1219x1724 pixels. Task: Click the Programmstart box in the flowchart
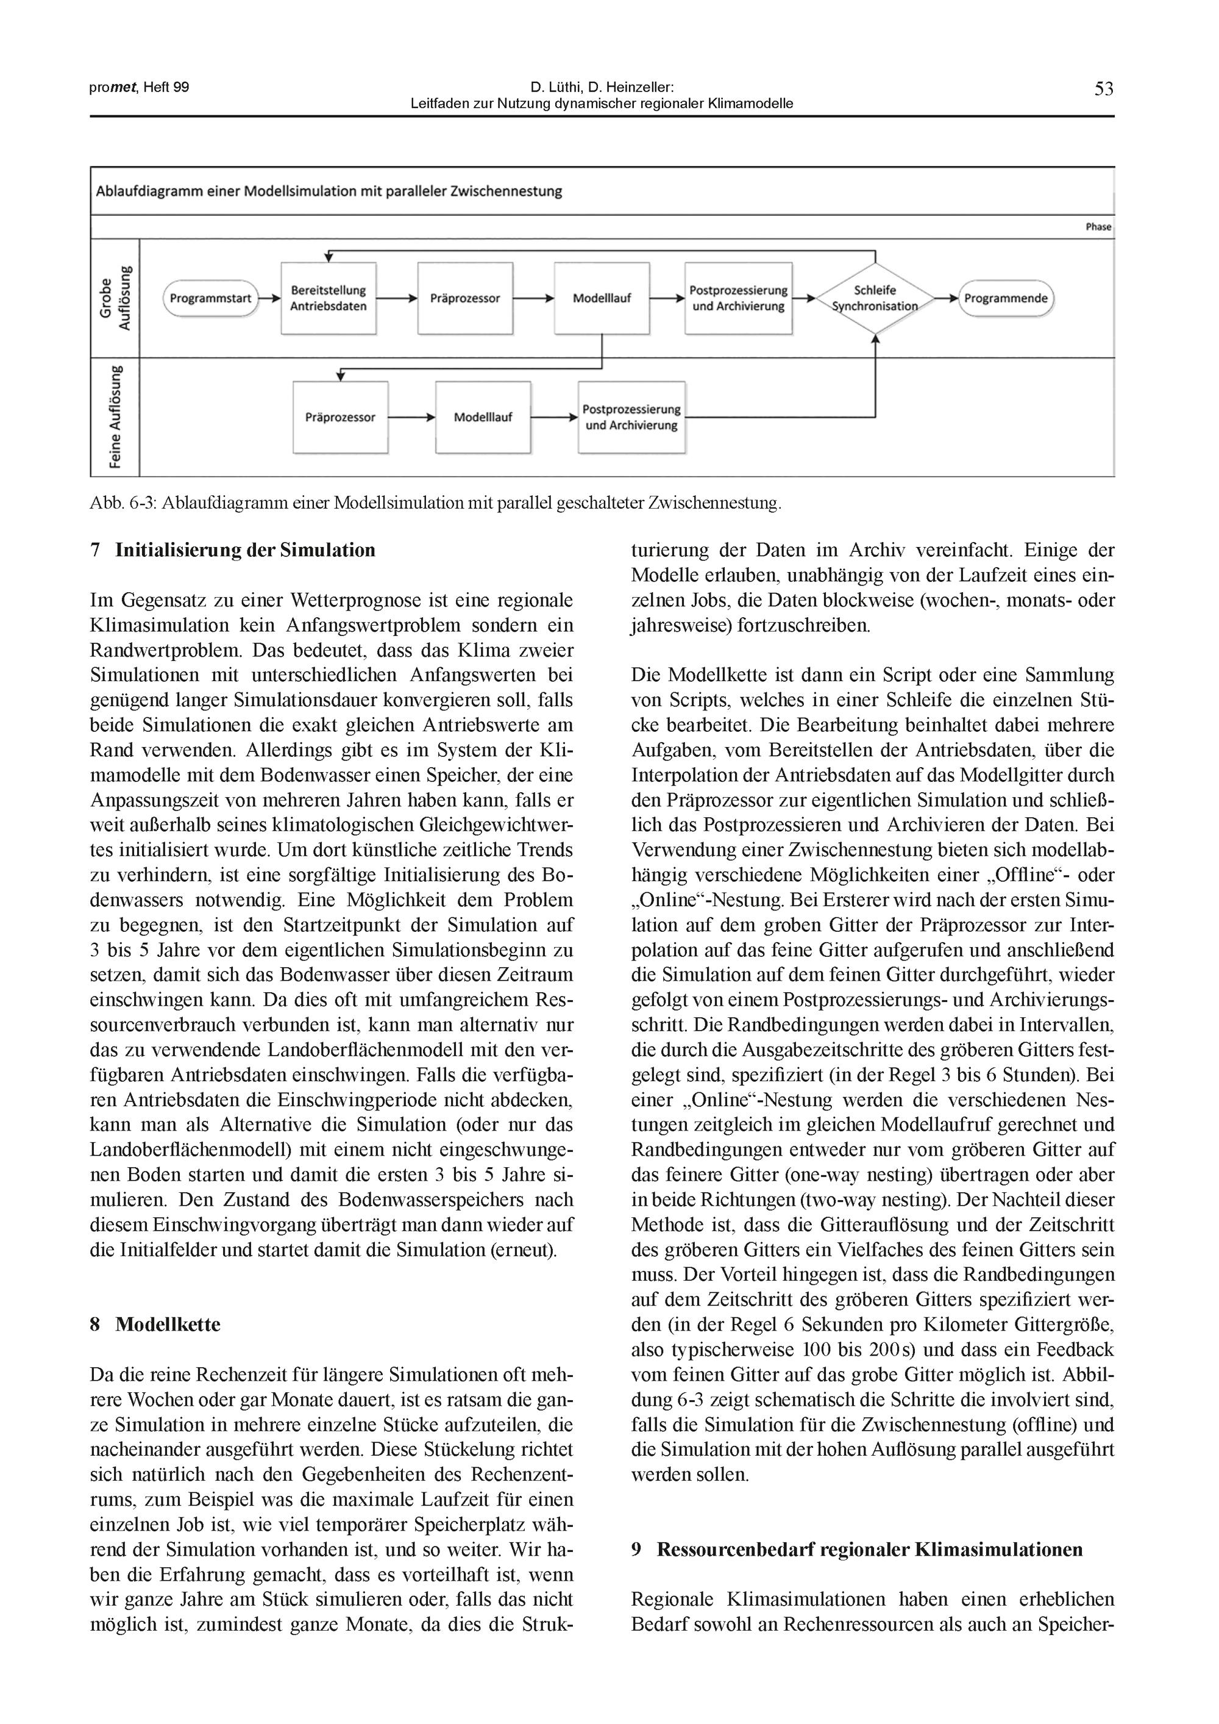tap(210, 298)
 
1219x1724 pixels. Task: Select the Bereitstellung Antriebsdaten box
tap(329, 298)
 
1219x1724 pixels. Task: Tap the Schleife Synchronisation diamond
tap(875, 298)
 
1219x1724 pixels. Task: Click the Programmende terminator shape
tap(1006, 298)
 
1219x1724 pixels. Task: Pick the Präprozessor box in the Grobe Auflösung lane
tap(466, 298)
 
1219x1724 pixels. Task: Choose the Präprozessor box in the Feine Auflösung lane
tap(340, 418)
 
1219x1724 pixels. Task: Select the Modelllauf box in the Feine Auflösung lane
tap(483, 418)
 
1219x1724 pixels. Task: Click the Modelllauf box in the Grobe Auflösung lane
tap(602, 298)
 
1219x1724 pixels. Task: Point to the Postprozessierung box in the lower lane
tap(632, 418)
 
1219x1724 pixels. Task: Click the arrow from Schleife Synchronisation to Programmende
tap(947, 298)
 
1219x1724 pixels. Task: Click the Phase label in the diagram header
tap(1097, 227)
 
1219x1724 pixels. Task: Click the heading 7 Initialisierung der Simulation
tap(233, 551)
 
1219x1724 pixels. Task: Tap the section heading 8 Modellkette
tap(155, 1324)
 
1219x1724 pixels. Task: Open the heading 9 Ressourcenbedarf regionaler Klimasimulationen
tap(857, 1550)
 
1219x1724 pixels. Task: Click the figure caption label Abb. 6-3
tap(122, 503)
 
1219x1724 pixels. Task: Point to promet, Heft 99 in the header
tap(139, 87)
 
